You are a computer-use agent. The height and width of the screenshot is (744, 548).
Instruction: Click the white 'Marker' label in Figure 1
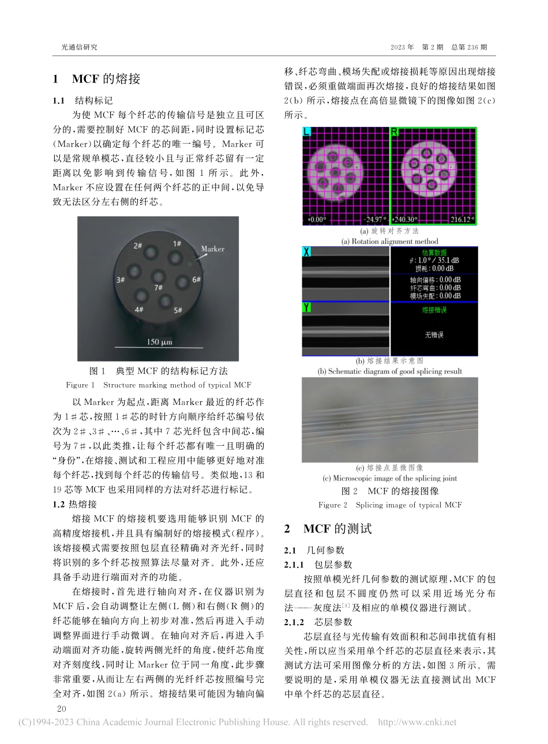pyautogui.click(x=212, y=249)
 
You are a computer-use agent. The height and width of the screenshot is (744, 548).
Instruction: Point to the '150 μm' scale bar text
pyautogui.click(x=159, y=342)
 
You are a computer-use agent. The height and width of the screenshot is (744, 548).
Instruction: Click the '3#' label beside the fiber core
pyautogui.click(x=121, y=280)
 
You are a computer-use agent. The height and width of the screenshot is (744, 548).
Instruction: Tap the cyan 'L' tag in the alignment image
pyautogui.click(x=307, y=133)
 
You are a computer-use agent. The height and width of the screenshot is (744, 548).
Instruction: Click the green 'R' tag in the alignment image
pyautogui.click(x=395, y=133)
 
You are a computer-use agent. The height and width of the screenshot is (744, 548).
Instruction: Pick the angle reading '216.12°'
pyautogui.click(x=462, y=220)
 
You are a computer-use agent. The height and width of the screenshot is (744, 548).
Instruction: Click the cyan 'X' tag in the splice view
pyautogui.click(x=307, y=252)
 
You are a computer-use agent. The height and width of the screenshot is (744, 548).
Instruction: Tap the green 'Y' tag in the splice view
pyautogui.click(x=307, y=308)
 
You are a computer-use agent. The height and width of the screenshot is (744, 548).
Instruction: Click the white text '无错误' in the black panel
pyautogui.click(x=434, y=334)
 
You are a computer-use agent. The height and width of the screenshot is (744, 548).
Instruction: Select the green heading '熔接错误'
pyautogui.click(x=434, y=310)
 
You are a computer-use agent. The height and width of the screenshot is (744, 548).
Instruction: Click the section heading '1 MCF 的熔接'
pyautogui.click(x=96, y=78)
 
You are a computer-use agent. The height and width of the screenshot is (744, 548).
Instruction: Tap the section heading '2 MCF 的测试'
pyautogui.click(x=328, y=528)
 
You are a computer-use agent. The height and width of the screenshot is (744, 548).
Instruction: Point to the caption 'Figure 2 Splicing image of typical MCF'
pyautogui.click(x=390, y=505)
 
